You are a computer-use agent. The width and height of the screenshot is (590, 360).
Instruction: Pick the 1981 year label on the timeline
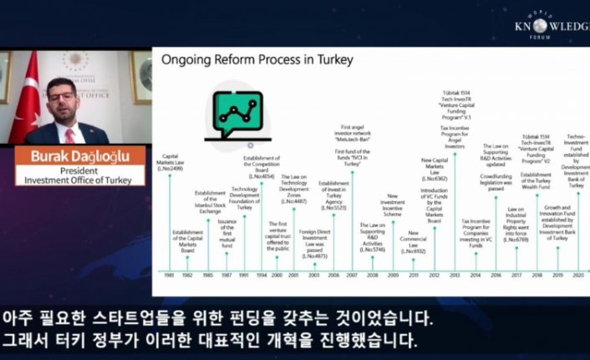tap(170, 275)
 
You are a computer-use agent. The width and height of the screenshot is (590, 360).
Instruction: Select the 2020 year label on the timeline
tap(578, 275)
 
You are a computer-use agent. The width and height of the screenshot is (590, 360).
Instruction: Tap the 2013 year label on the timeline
tap(455, 275)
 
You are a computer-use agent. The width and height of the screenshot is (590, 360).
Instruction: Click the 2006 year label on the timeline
tap(333, 275)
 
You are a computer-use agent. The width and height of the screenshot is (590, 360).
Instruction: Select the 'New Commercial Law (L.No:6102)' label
tap(414, 242)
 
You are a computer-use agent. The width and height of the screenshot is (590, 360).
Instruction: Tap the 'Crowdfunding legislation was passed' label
tap(496, 183)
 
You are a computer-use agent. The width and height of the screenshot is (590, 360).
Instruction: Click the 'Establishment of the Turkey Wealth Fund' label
tap(537, 183)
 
